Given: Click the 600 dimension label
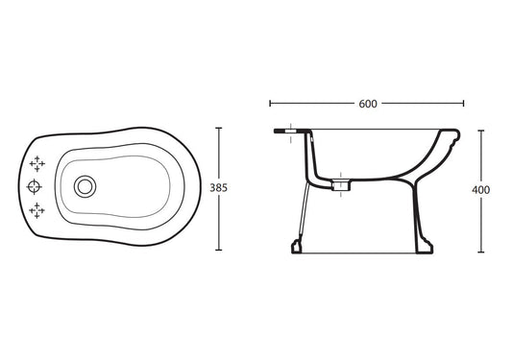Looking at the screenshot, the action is pos(368,104).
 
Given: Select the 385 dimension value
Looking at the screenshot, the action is pos(218,187).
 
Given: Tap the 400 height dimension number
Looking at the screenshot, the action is pos(480,190).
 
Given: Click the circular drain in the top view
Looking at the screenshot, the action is pos(85,186).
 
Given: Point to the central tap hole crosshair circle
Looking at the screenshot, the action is pos(34,186).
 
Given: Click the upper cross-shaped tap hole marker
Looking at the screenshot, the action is pos(37,163).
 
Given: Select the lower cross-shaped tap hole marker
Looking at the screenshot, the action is pos(37,210).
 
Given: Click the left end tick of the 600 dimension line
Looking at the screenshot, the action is pos(270,104).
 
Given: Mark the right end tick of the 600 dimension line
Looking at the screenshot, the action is pos(463,104).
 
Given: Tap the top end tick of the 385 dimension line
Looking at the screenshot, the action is pos(219,128).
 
